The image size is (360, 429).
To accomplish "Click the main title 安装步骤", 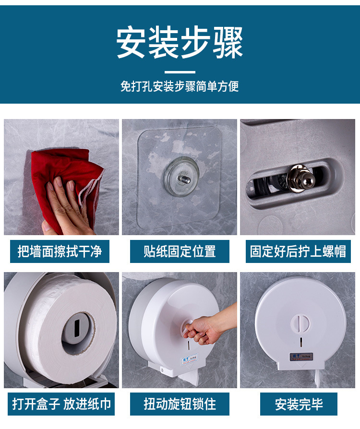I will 180,43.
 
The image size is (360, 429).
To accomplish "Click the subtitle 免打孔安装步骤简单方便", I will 180,86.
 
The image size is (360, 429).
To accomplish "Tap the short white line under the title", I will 180,72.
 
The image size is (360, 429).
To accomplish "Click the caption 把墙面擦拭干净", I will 60,251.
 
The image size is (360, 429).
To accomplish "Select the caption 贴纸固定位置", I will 180,251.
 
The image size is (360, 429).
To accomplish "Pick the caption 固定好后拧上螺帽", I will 298,251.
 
